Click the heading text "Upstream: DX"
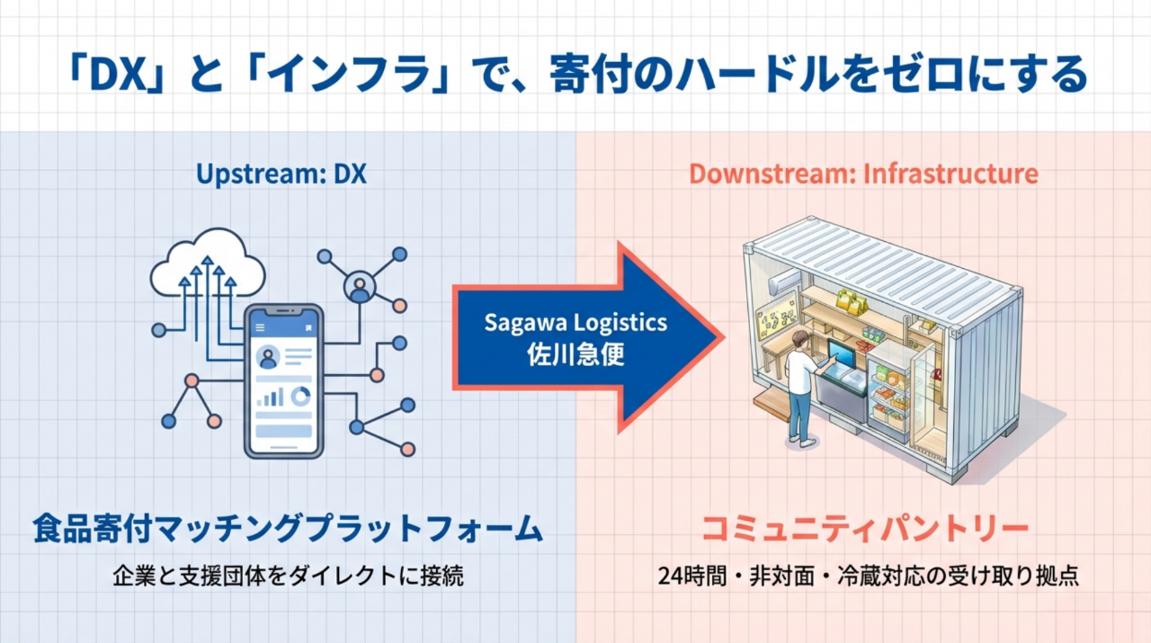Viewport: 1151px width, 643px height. (281, 174)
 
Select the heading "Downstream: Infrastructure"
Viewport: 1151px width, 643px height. (863, 174)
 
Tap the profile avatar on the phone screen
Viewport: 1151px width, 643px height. (268, 358)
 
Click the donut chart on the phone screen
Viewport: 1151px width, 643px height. (300, 396)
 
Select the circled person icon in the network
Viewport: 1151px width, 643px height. (360, 288)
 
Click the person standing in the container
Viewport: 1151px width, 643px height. (799, 387)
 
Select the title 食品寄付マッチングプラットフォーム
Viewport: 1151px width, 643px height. (287, 528)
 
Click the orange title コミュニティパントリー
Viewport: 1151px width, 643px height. (864, 528)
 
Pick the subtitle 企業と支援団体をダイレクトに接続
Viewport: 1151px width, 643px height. (288, 576)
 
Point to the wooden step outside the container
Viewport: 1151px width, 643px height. (771, 405)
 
